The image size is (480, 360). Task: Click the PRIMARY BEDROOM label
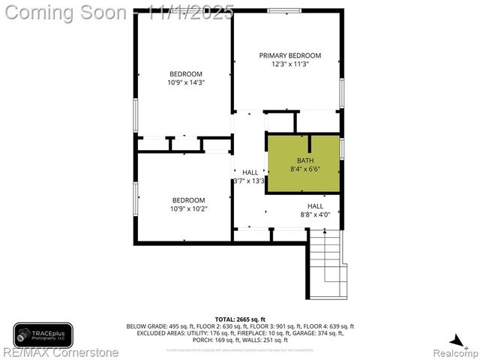click(289, 55)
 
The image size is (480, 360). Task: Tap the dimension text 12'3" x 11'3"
click(289, 64)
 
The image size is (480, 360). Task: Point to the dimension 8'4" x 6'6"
click(305, 169)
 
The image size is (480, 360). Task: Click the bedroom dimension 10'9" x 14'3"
click(187, 82)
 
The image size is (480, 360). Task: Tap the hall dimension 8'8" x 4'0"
click(315, 214)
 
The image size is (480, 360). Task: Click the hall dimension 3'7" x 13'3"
click(250, 181)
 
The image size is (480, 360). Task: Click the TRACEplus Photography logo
click(43, 334)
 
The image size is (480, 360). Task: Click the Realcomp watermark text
click(454, 351)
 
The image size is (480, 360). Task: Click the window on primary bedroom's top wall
click(280, 11)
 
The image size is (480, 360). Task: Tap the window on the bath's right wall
click(342, 148)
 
